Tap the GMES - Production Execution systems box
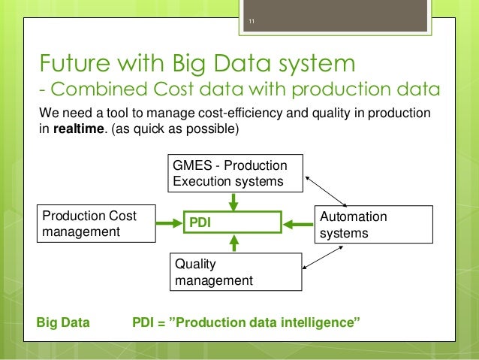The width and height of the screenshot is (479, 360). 234,173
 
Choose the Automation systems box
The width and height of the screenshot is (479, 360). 373,224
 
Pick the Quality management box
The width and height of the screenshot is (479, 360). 234,271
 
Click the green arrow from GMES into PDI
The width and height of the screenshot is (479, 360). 233,201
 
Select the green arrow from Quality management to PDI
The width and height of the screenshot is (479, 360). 233,242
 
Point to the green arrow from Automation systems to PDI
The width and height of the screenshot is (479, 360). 296,222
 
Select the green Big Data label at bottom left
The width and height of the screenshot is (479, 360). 63,323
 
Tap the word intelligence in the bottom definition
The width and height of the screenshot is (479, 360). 321,323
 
